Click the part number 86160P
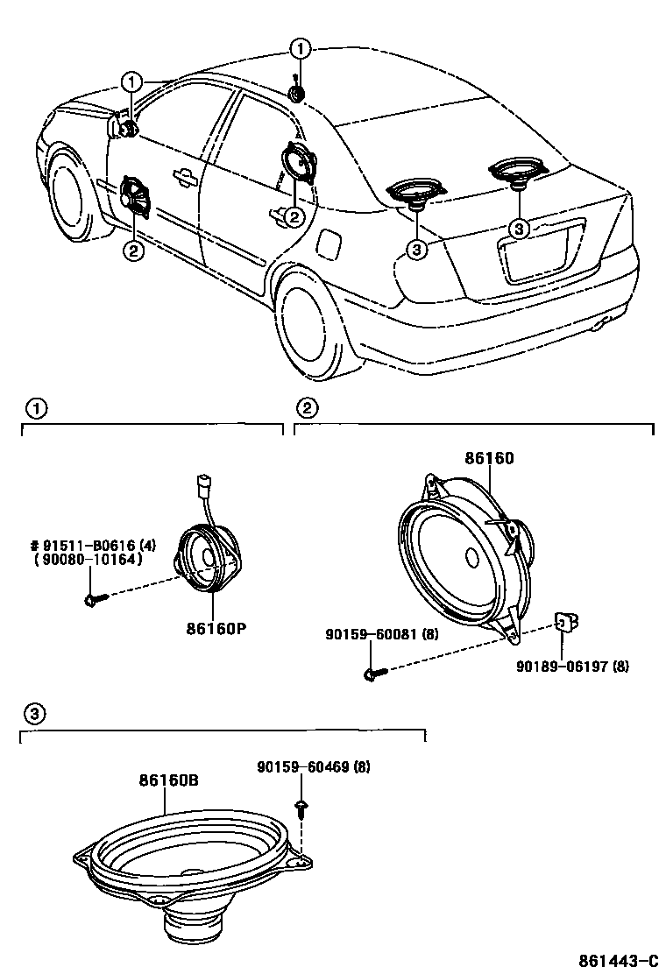215,628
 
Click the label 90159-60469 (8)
313,767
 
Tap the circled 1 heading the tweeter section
35,407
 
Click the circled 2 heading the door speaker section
307,407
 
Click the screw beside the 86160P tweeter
95,600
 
